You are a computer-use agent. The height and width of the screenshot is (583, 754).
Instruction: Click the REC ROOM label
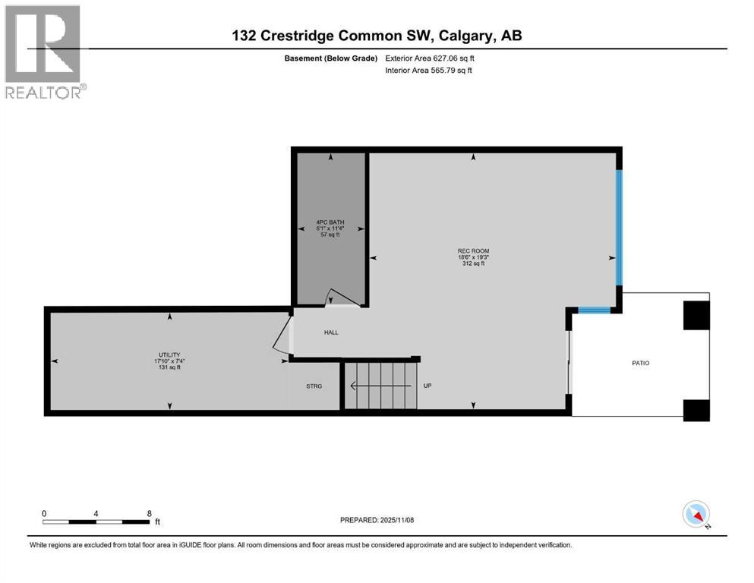pyautogui.click(x=473, y=251)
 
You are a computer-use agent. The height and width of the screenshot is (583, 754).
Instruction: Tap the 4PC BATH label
pyautogui.click(x=330, y=222)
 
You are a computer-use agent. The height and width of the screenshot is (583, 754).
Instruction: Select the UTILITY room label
pyautogui.click(x=168, y=355)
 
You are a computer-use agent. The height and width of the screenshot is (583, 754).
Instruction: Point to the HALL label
pyautogui.click(x=331, y=332)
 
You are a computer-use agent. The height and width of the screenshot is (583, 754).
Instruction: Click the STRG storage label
pyautogui.click(x=314, y=386)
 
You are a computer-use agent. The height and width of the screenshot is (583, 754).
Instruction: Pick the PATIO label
pyautogui.click(x=640, y=363)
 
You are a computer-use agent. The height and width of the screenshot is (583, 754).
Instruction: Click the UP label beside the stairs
pyautogui.click(x=427, y=386)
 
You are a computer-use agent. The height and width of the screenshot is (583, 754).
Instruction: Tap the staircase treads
pyautogui.click(x=380, y=386)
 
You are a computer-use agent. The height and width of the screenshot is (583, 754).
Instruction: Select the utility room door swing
pyautogui.click(x=282, y=335)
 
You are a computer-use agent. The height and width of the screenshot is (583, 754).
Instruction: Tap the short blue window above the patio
pyautogui.click(x=594, y=310)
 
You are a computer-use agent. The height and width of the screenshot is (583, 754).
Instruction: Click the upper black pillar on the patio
pyautogui.click(x=696, y=315)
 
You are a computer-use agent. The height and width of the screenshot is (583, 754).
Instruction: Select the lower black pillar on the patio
pyautogui.click(x=696, y=409)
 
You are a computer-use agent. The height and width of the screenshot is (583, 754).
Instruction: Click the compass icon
pyautogui.click(x=696, y=514)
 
